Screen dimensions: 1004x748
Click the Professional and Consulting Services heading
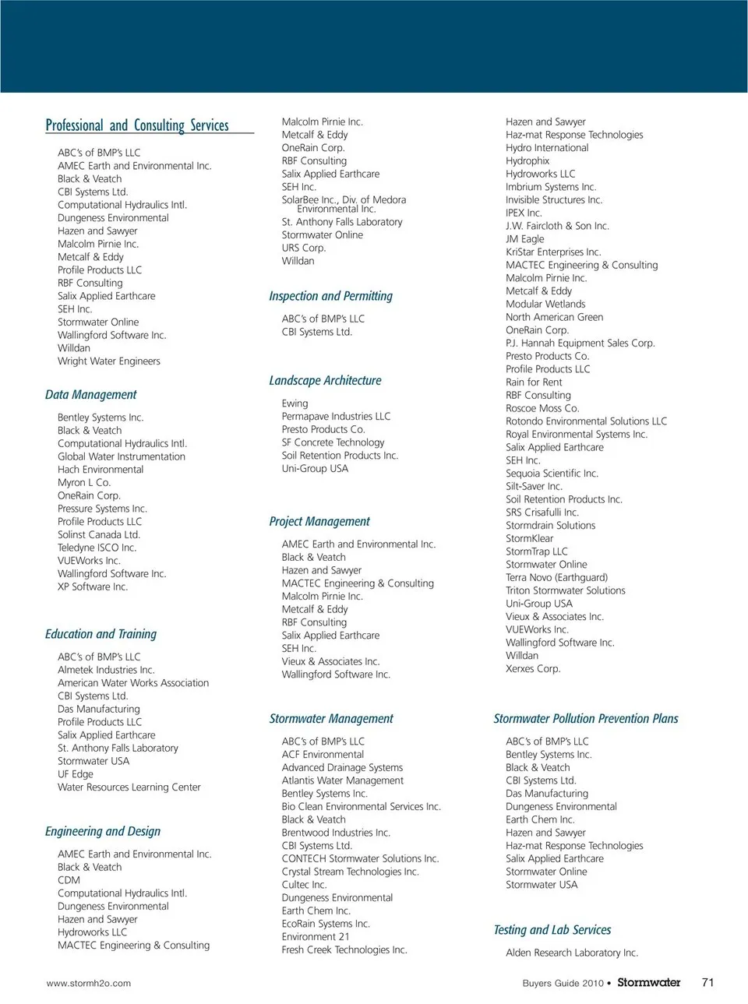[137, 125]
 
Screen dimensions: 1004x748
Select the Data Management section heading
[90, 395]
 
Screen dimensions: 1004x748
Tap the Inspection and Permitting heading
[330, 296]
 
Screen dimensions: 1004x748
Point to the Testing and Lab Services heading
[552, 930]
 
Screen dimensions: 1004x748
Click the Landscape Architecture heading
[325, 381]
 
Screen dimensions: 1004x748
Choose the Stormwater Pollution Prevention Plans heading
[585, 719]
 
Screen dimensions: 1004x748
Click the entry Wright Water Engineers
[109, 361]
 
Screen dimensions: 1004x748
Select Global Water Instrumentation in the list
[122, 457]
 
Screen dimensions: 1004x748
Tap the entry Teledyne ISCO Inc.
[97, 548]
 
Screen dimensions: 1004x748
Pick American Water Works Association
[133, 683]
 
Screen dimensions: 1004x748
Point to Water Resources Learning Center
[129, 787]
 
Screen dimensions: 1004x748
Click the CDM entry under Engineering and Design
[69, 880]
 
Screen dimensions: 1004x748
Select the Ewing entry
[295, 403]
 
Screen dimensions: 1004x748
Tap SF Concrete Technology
[333, 442]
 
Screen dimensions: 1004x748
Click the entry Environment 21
[316, 937]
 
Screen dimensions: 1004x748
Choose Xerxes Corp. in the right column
[533, 669]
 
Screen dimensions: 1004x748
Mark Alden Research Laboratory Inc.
[572, 953]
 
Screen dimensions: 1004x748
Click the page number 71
[707, 983]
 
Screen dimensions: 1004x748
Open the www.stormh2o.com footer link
[89, 984]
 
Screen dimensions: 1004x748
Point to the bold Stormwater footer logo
[648, 983]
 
